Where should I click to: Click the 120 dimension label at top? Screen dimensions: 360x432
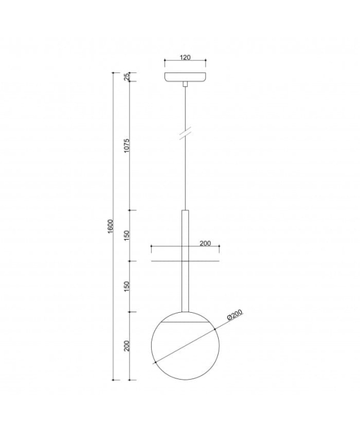(x=185, y=57)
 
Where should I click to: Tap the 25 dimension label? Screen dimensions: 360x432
(x=127, y=77)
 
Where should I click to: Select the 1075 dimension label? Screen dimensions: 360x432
(x=127, y=146)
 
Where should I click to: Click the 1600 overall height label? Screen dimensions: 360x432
(x=110, y=226)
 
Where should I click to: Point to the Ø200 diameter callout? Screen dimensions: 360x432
(x=235, y=315)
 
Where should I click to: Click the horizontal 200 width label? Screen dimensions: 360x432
(x=205, y=243)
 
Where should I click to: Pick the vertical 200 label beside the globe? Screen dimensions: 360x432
(x=127, y=346)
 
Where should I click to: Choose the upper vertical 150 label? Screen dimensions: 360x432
(x=127, y=235)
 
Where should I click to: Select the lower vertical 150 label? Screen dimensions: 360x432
(x=127, y=287)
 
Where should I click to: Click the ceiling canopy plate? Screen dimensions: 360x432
(x=185, y=77)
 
